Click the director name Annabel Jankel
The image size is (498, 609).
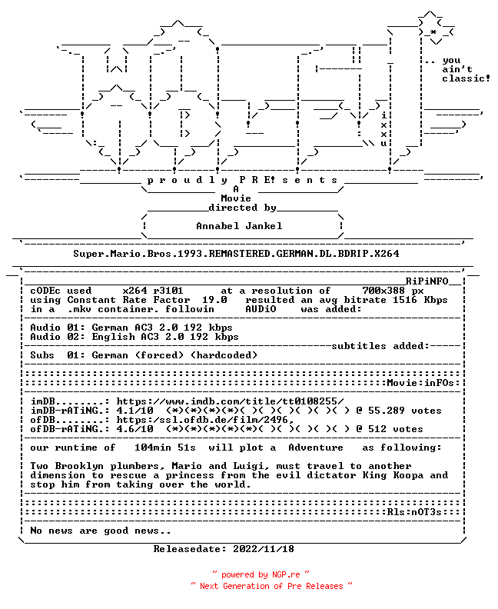(239, 225)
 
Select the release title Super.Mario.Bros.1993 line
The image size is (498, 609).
(236, 254)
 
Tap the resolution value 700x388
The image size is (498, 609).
(383, 291)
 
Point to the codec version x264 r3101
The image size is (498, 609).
(152, 291)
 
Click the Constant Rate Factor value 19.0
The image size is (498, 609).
(214, 300)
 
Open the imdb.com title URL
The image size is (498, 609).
(231, 401)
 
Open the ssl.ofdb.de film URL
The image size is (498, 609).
(205, 420)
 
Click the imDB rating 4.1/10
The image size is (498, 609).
(134, 411)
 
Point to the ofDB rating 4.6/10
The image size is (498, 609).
(134, 429)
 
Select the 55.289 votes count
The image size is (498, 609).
(405, 411)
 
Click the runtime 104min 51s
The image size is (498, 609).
(165, 448)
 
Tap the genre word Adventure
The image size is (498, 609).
(316, 448)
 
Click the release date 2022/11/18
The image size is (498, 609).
(264, 549)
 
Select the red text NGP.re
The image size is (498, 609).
(286, 575)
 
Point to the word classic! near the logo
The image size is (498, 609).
(466, 78)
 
